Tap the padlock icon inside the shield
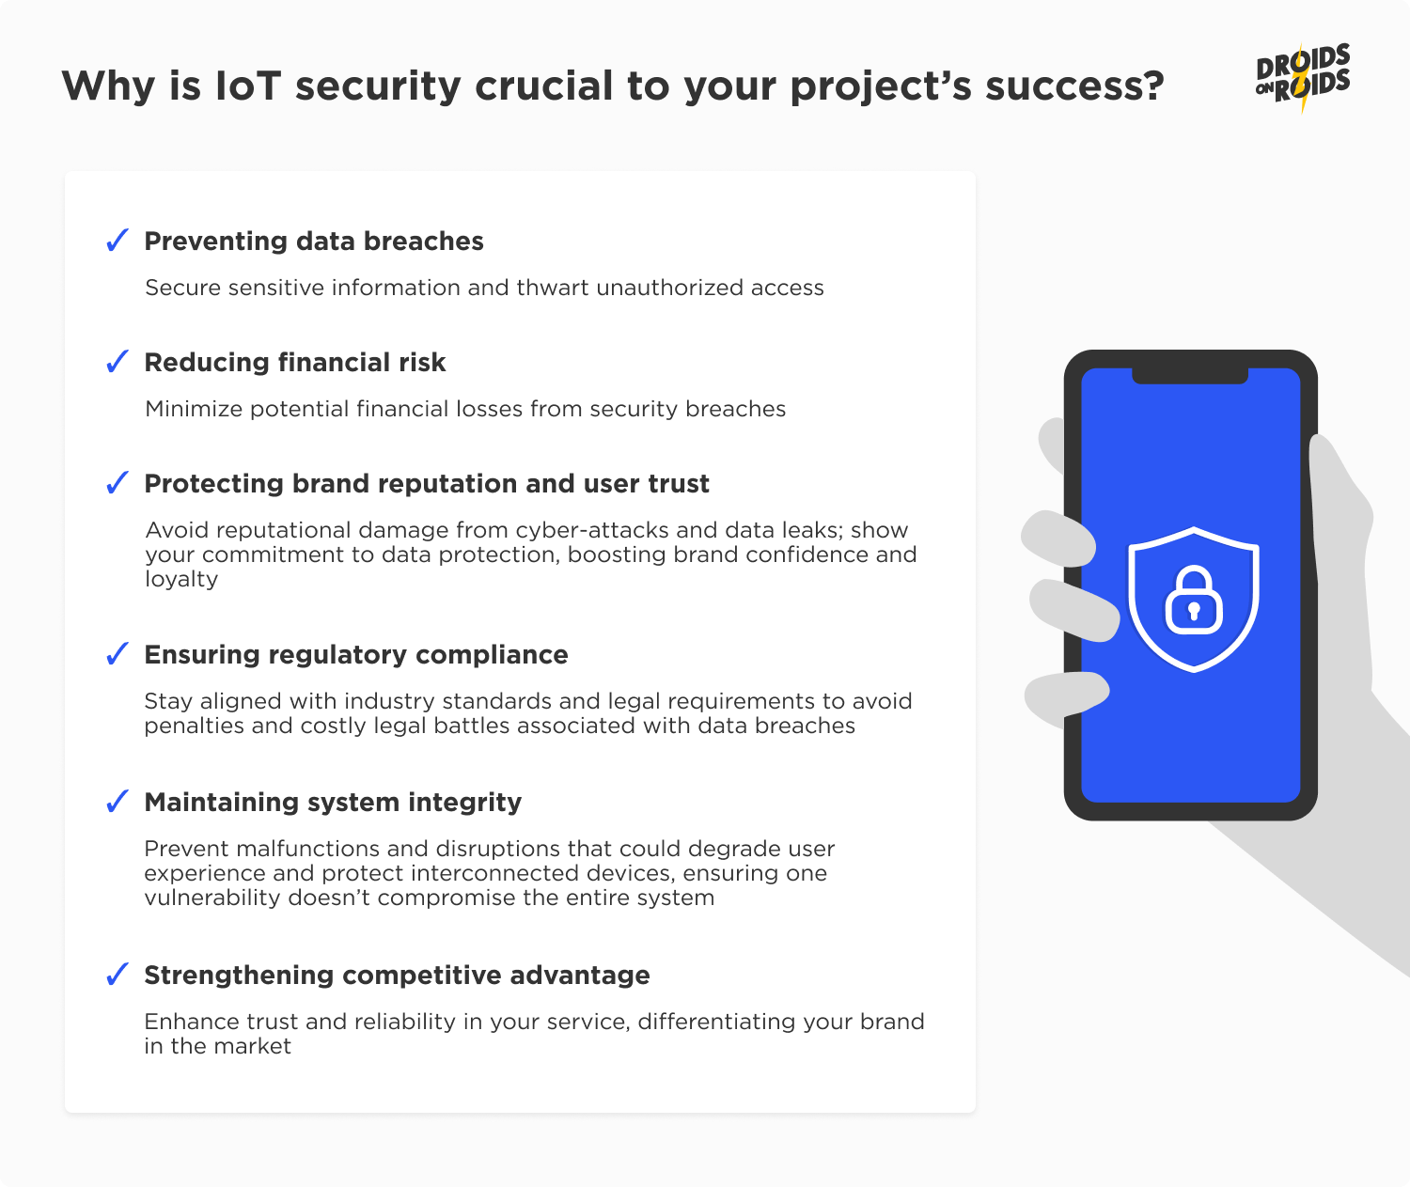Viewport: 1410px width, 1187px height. coord(1194,601)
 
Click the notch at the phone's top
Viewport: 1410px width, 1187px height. coord(1190,376)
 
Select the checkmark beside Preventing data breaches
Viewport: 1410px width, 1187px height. coord(117,241)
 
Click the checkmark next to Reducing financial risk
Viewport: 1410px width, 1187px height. coord(117,362)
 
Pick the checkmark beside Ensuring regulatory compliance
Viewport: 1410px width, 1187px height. coord(117,654)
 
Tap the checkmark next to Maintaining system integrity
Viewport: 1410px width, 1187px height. coord(117,802)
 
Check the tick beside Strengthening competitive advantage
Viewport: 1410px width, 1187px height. coord(117,975)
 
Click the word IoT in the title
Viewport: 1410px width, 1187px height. coord(248,86)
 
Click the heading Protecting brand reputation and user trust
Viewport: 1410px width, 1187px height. coord(427,484)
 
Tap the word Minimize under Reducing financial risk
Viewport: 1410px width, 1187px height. coord(193,409)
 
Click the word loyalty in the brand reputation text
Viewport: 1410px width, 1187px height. coord(181,579)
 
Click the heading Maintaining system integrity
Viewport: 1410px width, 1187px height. coord(333,803)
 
